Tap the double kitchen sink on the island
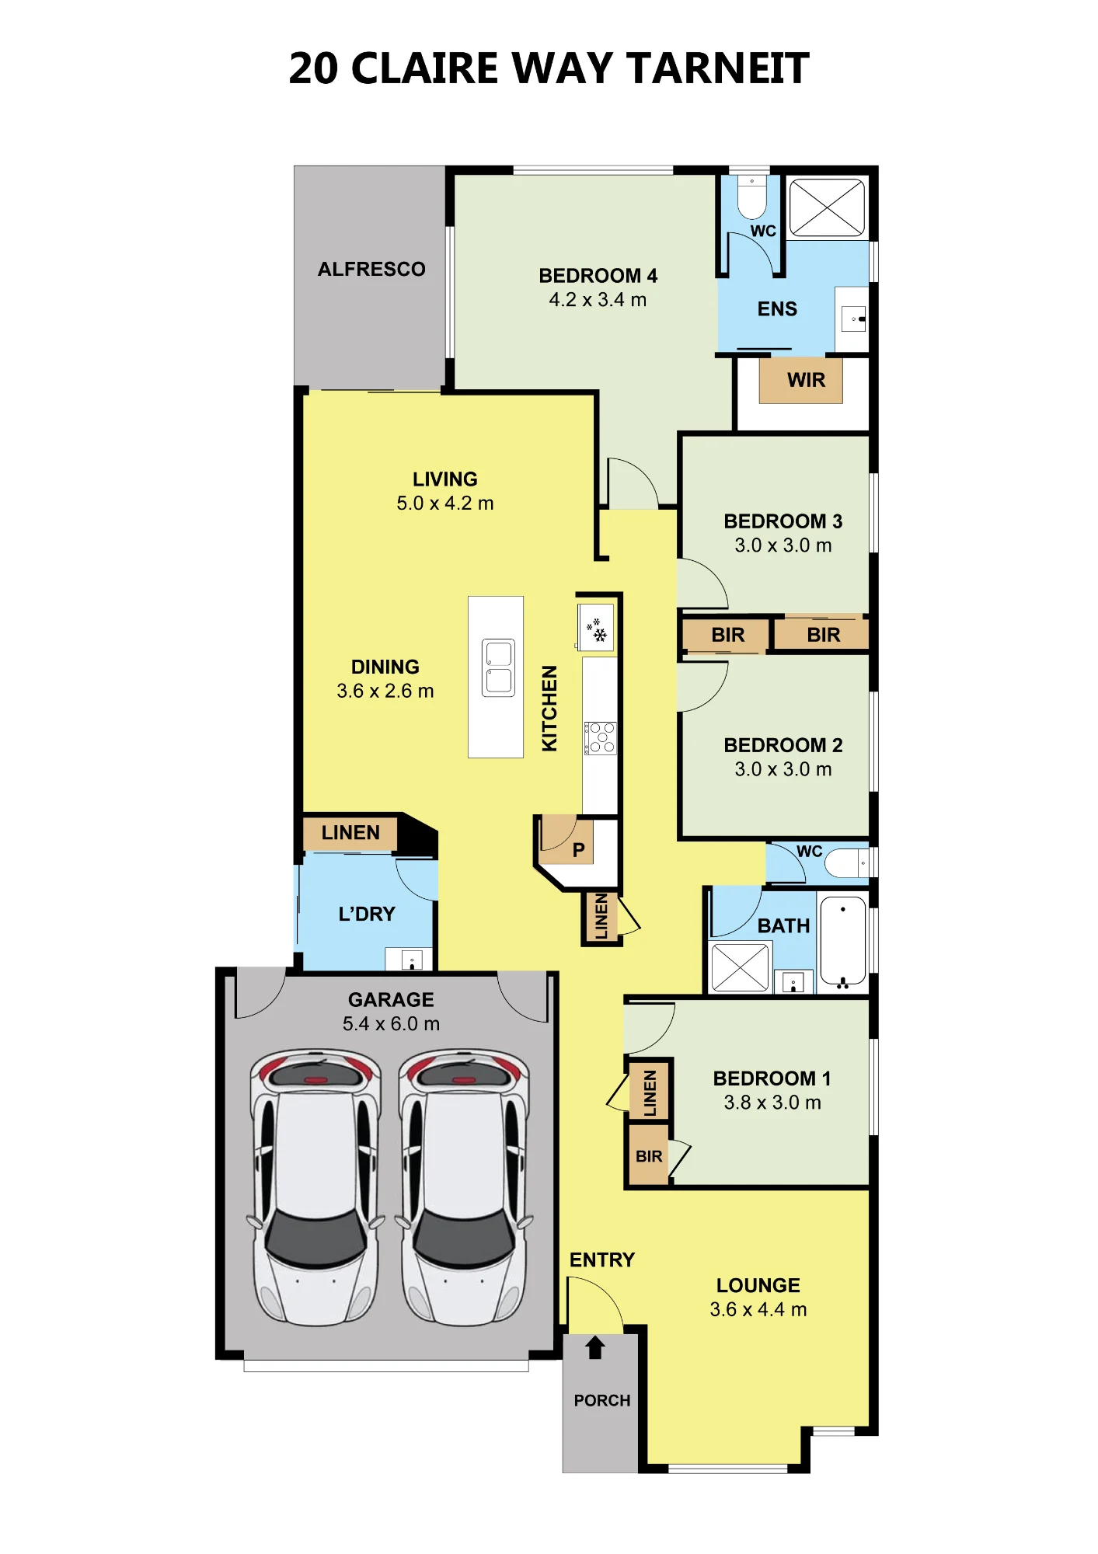[x=498, y=667]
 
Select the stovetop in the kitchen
[x=601, y=738]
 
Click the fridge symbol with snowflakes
[x=597, y=627]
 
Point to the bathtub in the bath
[x=843, y=942]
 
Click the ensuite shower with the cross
[x=827, y=207]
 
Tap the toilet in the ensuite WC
[x=751, y=199]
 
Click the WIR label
[x=806, y=380]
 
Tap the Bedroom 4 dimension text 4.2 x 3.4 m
[x=598, y=300]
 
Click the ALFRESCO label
[x=371, y=269]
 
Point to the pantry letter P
[x=578, y=850]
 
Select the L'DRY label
[x=367, y=914]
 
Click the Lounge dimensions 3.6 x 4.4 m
[x=758, y=1309]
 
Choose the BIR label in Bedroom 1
[x=649, y=1156]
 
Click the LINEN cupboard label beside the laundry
[x=350, y=833]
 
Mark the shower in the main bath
[x=740, y=967]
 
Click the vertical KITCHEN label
[x=549, y=708]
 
